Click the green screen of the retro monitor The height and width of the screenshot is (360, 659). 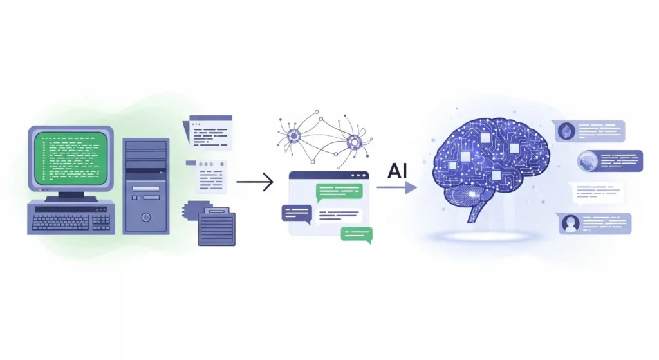pos(71,158)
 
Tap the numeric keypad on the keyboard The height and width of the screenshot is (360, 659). pos(101,222)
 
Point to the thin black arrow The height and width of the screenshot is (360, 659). pos(255,182)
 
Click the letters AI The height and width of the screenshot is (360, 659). pos(397,171)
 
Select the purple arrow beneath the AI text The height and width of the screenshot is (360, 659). pos(396,187)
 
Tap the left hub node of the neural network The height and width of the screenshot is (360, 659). pos(293,136)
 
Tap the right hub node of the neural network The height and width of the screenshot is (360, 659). pos(355,142)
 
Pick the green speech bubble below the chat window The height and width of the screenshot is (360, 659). pos(357,234)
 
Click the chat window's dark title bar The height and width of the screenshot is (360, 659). pos(329,175)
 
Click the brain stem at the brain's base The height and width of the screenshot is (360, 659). pos(476,211)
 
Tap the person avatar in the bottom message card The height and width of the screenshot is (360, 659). pos(570,223)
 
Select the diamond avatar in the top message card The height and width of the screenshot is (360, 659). pos(566,131)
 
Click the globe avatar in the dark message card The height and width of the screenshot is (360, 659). pos(587,161)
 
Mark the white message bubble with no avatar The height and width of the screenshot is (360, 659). pos(597,193)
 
